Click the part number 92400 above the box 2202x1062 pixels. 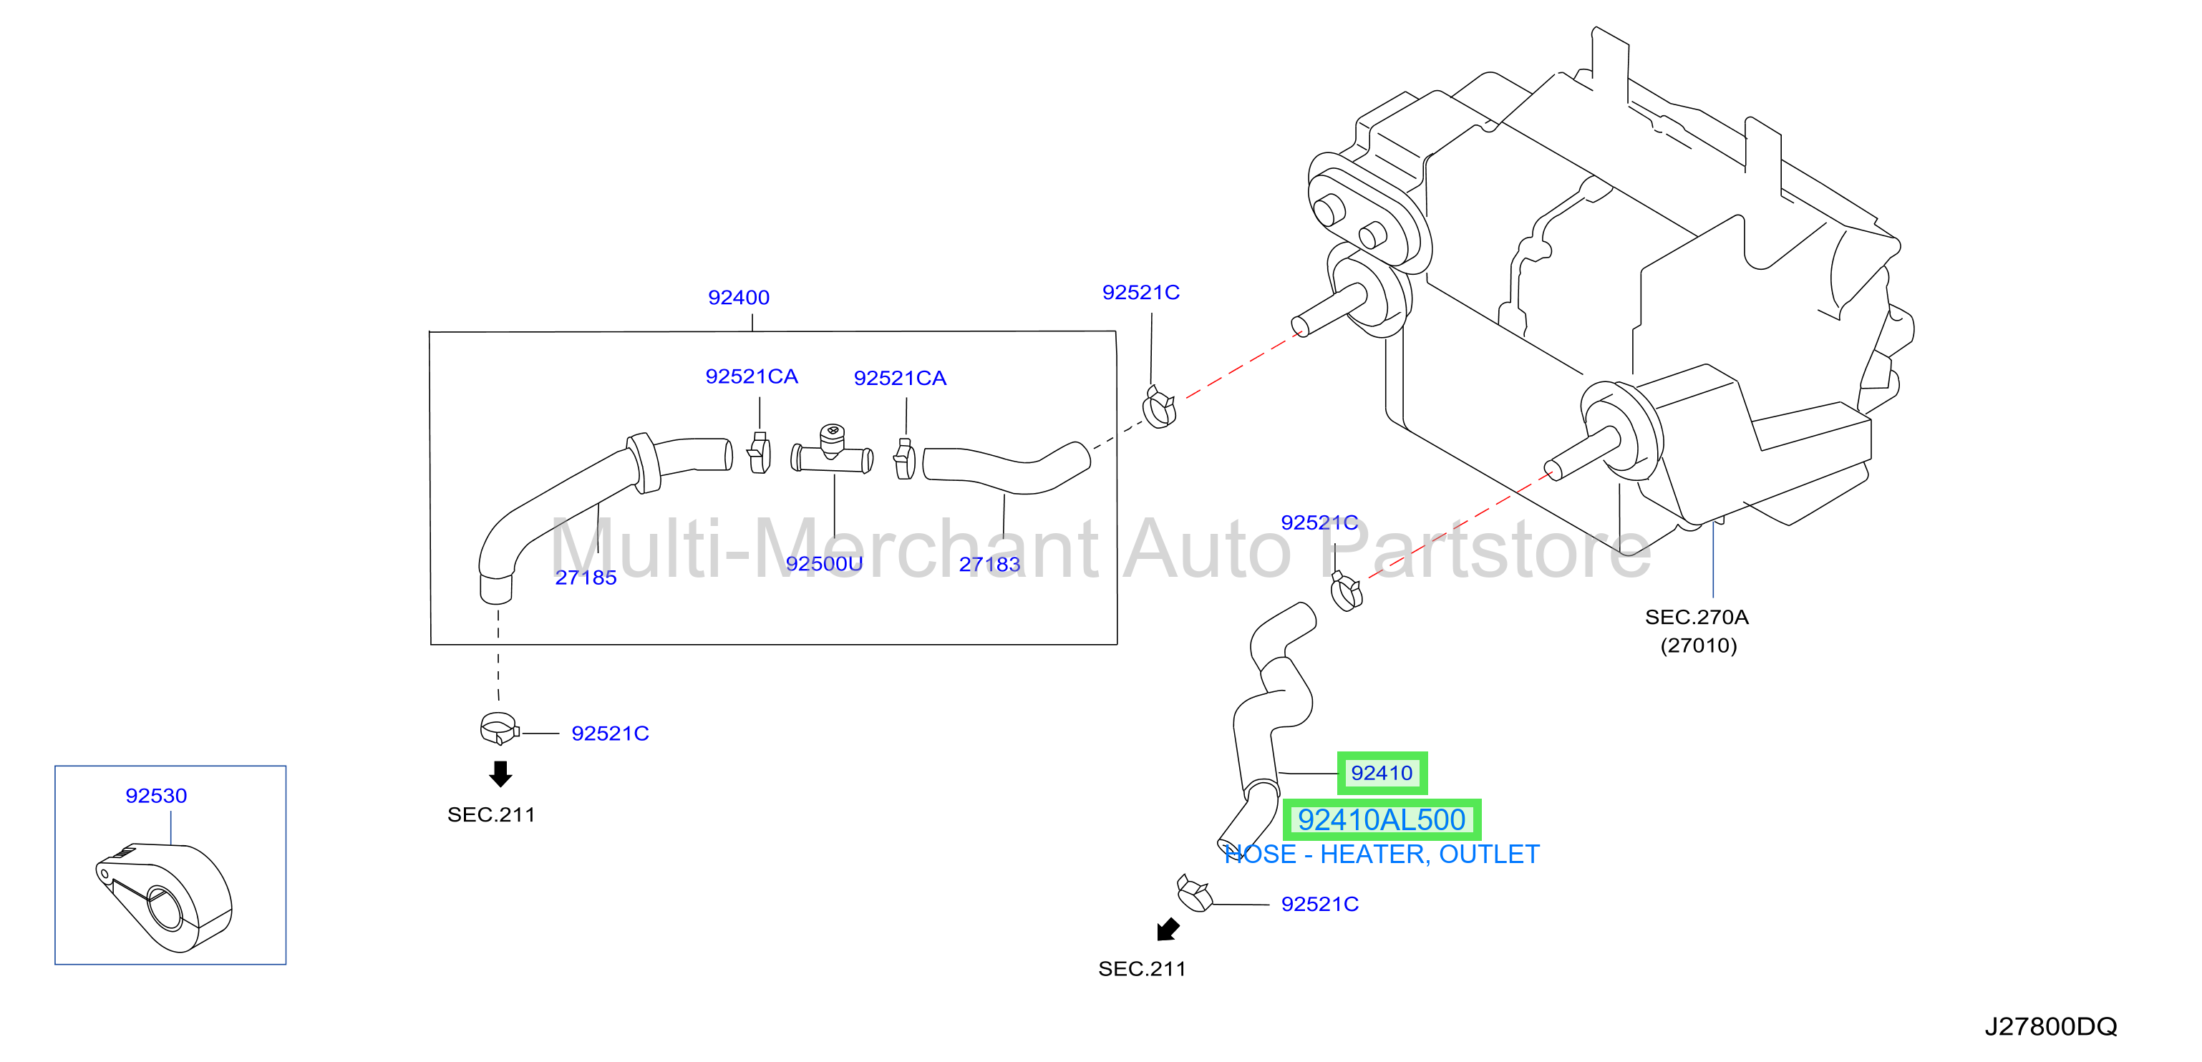[739, 297]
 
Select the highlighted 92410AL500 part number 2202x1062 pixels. [1382, 819]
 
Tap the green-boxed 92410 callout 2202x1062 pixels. [1382, 773]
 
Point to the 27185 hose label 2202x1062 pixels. [586, 578]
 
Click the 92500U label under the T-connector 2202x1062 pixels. [824, 564]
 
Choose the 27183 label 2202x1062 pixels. [989, 564]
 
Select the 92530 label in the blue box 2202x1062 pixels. [157, 796]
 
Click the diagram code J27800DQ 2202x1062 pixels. [2050, 1026]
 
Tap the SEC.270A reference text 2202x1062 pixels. [1696, 617]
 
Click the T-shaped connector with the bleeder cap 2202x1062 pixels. [832, 449]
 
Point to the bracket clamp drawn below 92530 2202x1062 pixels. [164, 897]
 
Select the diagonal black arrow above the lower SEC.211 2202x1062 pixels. [1168, 929]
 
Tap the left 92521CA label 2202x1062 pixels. [752, 377]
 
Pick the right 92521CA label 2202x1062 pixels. [900, 379]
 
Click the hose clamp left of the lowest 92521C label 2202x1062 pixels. [1194, 894]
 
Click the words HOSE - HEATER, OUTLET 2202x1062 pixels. [1382, 854]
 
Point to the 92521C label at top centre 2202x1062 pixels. [1140, 292]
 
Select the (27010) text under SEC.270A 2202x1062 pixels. [1699, 645]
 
